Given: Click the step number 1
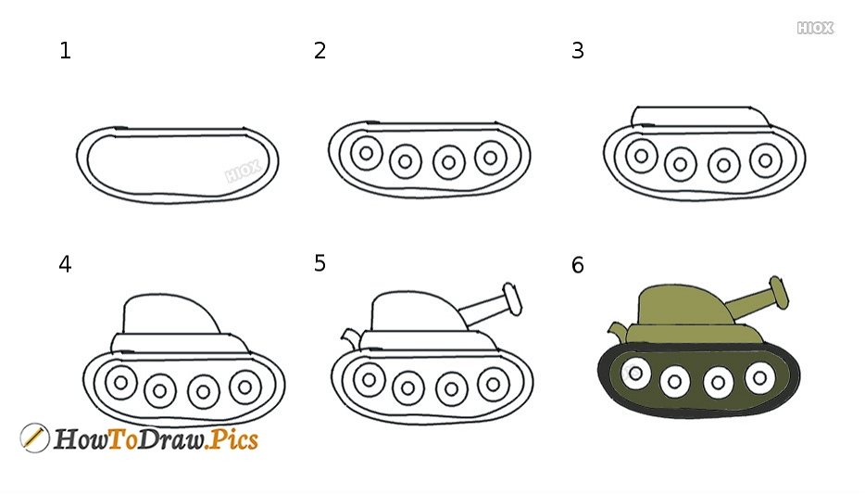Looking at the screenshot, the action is click(65, 51).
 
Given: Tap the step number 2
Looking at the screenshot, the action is click(320, 51).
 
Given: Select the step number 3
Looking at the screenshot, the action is click(578, 51).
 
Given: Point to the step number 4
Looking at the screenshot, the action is click(65, 264).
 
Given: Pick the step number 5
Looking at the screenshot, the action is click(320, 263).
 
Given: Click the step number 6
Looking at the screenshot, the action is click(578, 265).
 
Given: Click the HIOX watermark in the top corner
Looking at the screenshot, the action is click(815, 28).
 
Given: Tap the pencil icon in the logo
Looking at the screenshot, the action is click(34, 438).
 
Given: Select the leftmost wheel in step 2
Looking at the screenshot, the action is click(367, 153).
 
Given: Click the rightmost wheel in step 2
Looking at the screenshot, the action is click(491, 158).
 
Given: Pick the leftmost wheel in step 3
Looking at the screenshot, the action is click(642, 156).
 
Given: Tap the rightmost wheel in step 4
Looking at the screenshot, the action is click(245, 387).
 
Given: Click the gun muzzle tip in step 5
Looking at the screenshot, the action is click(512, 298).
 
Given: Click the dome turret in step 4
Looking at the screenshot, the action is click(171, 314).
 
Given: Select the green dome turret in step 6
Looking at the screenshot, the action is click(685, 306).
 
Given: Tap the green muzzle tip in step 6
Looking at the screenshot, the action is click(779, 291).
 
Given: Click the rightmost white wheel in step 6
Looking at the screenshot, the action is click(759, 378).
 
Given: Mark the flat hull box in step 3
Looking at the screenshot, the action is click(701, 117).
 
